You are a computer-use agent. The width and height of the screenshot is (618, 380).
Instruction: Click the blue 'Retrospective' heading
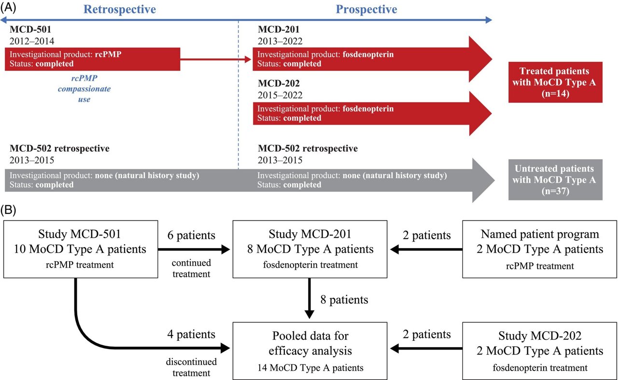tap(120, 9)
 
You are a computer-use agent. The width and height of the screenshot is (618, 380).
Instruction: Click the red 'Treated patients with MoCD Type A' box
tap(555, 82)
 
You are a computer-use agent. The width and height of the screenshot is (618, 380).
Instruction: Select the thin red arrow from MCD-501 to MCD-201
tap(216, 59)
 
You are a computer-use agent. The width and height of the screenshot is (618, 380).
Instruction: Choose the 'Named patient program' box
tap(540, 249)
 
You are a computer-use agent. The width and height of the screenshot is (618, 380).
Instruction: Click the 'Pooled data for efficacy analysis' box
tap(310, 350)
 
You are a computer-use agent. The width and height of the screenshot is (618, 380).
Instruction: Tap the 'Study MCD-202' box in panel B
tap(540, 350)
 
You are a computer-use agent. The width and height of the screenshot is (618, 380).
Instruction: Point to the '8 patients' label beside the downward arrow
tap(344, 300)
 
